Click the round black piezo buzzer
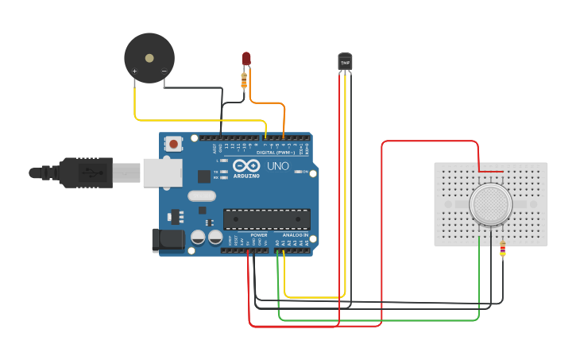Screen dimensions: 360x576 (149, 57)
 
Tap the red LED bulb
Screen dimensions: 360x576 (246, 60)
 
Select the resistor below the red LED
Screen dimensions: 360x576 (245, 79)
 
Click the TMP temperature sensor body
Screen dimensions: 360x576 (345, 62)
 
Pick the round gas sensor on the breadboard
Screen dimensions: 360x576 (490, 203)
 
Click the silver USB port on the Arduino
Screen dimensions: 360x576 (162, 172)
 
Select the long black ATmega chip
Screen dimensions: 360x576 (266, 219)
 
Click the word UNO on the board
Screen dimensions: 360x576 (277, 168)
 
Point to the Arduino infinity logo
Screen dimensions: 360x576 (245, 168)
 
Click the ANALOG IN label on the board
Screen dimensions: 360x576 (292, 235)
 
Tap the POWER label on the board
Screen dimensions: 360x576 (259, 235)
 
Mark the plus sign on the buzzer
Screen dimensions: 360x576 (134, 72)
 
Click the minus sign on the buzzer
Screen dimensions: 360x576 (164, 72)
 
